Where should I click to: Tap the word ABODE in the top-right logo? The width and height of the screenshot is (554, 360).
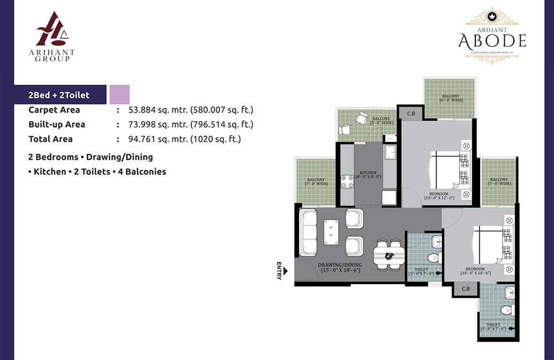tap(492, 40)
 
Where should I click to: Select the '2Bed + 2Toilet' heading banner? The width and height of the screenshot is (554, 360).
tap(59, 95)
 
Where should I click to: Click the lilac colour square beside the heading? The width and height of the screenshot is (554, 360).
tap(120, 95)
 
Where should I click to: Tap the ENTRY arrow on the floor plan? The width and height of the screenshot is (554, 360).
tap(285, 271)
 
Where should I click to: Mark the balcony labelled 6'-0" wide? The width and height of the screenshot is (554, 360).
tap(450, 98)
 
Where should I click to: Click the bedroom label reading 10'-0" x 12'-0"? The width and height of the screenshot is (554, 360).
tap(439, 196)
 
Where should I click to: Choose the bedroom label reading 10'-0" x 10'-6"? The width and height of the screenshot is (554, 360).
tap(477, 271)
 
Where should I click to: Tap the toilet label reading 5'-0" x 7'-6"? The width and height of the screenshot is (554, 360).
tap(493, 327)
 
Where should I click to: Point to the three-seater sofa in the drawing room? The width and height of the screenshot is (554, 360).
tap(308, 232)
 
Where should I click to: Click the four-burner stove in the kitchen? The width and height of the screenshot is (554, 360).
tap(347, 182)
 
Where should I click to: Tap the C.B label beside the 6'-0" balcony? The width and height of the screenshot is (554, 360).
tap(411, 114)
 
